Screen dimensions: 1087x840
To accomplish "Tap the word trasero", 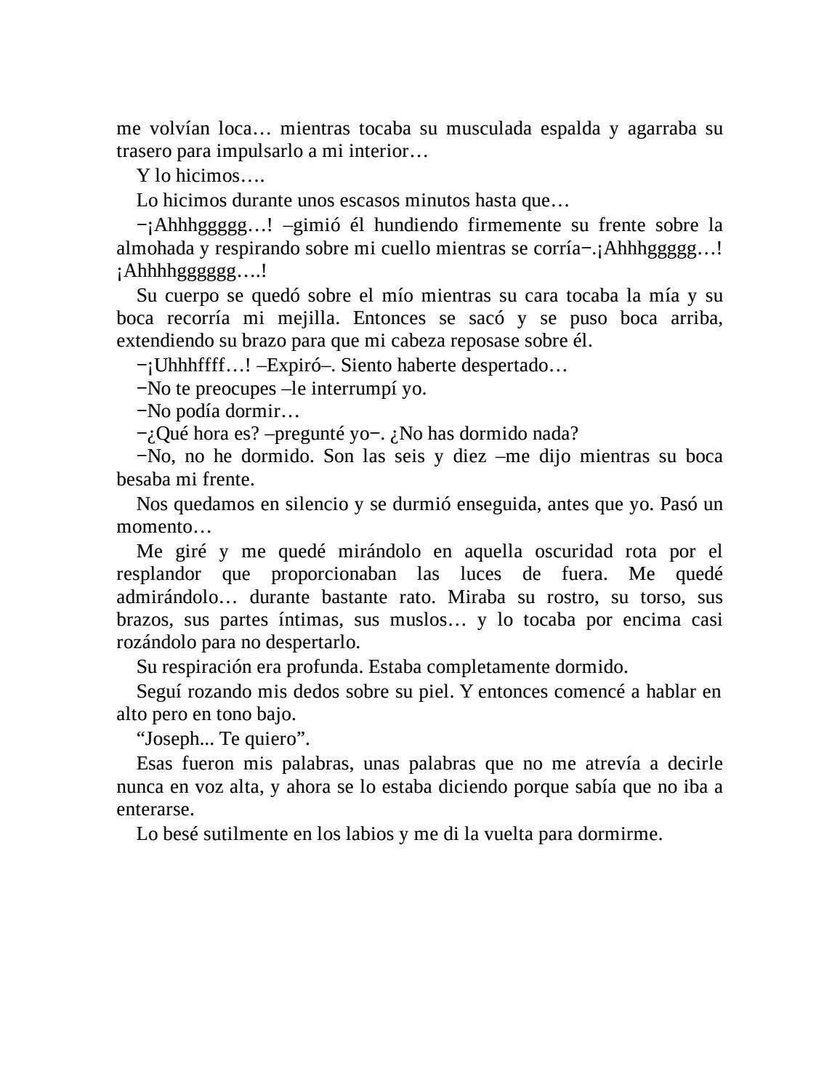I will pos(139,152).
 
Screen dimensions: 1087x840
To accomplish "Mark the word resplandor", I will pos(158,574).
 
